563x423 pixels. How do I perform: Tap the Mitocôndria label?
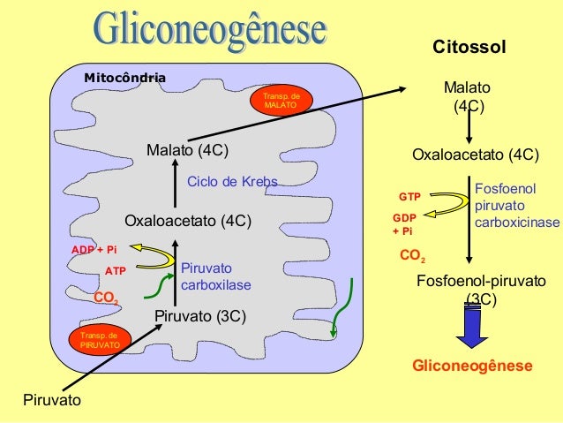click(x=124, y=79)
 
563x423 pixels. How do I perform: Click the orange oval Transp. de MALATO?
click(x=281, y=101)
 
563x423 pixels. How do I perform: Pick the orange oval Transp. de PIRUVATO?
click(x=99, y=340)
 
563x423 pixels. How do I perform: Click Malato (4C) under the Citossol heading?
click(x=468, y=98)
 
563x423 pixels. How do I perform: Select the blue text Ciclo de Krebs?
click(x=232, y=182)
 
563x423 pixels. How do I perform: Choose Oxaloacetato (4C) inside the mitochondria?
click(x=188, y=220)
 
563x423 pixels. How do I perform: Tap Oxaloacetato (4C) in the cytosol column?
click(x=476, y=155)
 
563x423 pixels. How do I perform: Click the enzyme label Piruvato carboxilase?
click(x=216, y=276)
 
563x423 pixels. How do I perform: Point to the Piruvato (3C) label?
click(x=199, y=316)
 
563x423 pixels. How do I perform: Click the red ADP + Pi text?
click(x=94, y=250)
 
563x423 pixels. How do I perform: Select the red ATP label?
click(x=116, y=271)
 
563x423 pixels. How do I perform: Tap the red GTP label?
click(x=409, y=196)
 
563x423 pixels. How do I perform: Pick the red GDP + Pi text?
click(x=402, y=224)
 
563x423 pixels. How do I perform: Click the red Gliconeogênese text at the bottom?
click(x=473, y=366)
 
